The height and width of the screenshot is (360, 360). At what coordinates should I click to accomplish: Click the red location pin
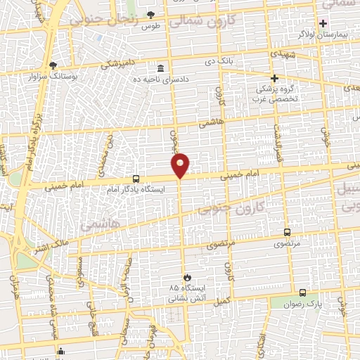pyautogui.click(x=181, y=165)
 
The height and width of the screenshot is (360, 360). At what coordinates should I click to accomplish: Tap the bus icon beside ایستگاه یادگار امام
pyautogui.click(x=136, y=179)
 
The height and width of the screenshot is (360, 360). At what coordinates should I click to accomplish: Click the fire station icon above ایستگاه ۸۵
pyautogui.click(x=186, y=277)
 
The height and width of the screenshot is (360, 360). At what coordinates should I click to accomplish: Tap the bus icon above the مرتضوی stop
pyautogui.click(x=287, y=232)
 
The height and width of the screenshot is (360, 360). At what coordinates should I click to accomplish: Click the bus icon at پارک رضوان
pyautogui.click(x=302, y=292)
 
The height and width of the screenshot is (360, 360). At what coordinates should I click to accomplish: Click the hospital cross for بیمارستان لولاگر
pyautogui.click(x=323, y=23)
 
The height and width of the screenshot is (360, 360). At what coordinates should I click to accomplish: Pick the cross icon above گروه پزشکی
pyautogui.click(x=274, y=78)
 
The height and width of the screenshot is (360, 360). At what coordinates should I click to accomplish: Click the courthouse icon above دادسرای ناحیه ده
pyautogui.click(x=161, y=69)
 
